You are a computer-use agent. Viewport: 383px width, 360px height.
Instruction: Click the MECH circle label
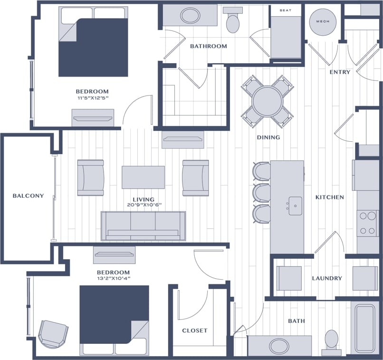323,21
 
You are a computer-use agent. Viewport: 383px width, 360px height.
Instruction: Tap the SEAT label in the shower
285,10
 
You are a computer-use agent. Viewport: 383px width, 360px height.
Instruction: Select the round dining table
268,101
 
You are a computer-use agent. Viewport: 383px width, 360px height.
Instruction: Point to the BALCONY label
28,195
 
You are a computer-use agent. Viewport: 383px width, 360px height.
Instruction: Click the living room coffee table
143,177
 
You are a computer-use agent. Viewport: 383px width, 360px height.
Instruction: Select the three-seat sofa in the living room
143,226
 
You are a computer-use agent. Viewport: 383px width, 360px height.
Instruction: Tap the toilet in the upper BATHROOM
233,21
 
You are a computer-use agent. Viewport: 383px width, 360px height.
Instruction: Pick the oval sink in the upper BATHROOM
190,16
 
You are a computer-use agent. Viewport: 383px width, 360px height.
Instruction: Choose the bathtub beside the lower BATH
364,328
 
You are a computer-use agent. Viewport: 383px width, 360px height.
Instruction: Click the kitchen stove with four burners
367,223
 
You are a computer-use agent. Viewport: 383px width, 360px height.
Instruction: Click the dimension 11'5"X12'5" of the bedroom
92,98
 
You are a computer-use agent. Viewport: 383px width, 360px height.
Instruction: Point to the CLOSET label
195,331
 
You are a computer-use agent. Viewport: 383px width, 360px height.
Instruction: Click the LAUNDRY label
327,278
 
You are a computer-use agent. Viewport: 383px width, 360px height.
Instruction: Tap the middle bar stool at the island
262,193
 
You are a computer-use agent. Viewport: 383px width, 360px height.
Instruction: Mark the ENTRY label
340,72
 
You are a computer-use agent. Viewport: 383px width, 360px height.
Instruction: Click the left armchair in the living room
90,177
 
